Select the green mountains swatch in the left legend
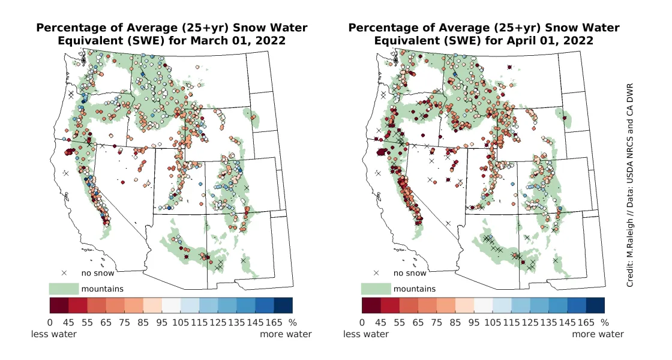(x=64, y=289)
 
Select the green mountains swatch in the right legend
(x=376, y=289)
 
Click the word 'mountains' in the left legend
(x=102, y=289)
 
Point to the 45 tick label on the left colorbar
(x=68, y=322)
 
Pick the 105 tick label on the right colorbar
(x=493, y=322)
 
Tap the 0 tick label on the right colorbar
(x=362, y=322)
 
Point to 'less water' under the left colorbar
(x=54, y=334)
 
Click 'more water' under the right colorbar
(x=598, y=334)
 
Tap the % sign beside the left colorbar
(x=293, y=322)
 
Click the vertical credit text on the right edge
(x=630, y=180)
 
